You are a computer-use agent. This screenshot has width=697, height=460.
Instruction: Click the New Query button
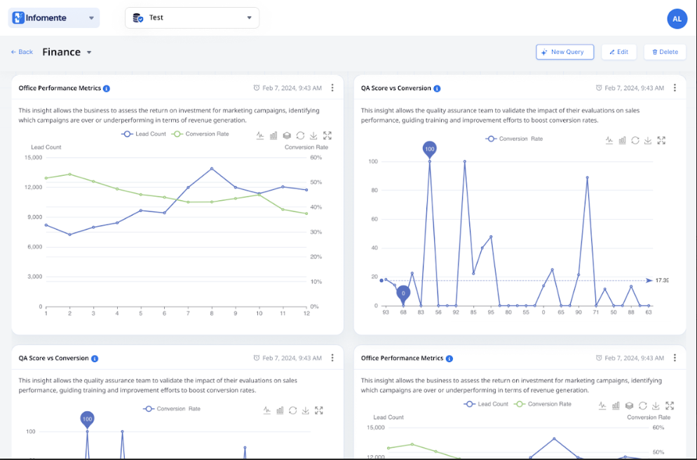point(564,52)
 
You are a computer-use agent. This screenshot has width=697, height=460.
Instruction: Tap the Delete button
point(665,52)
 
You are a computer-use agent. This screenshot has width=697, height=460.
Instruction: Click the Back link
point(22,52)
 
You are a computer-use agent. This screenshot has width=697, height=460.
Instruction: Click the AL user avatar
point(677,19)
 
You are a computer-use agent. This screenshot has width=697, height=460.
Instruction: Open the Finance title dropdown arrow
point(89,53)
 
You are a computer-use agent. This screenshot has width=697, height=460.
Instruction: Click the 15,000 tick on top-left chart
point(33,158)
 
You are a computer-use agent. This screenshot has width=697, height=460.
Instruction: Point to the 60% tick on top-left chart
point(316,158)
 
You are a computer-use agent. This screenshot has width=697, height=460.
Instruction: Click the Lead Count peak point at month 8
point(212,169)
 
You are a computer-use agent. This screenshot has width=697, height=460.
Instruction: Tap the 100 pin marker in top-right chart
point(430,148)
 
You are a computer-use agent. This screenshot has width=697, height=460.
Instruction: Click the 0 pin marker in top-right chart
point(403,293)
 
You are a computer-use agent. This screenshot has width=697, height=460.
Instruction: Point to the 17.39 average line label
point(661,281)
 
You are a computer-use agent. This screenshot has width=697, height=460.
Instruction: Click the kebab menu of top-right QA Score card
point(675,88)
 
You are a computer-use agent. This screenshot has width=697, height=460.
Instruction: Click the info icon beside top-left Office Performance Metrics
point(107,89)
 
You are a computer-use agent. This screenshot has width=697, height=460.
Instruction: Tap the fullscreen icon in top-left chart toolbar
point(327,136)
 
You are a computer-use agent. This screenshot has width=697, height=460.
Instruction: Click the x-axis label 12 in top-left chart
point(306,314)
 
